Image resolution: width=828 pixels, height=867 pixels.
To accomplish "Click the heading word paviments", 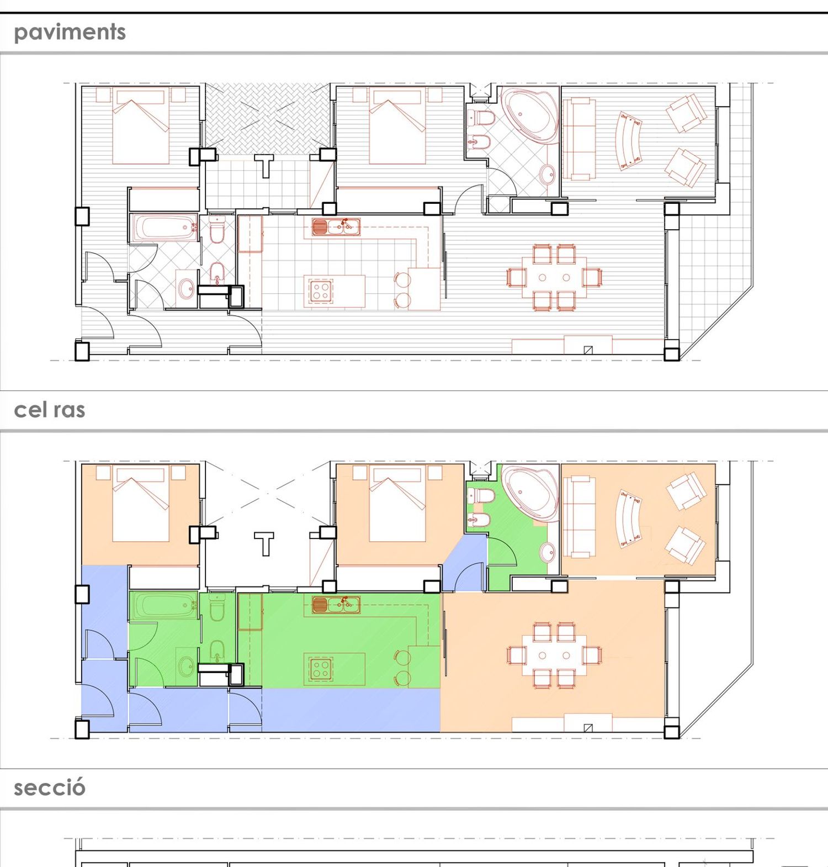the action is coord(70,33).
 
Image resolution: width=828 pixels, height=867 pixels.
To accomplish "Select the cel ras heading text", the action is coord(50,410).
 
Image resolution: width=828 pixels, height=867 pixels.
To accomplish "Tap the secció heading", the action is coord(50,787).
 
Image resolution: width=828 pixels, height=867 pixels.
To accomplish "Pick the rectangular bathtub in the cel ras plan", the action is coord(164,606).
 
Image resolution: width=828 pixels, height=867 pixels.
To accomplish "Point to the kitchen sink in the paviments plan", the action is coord(336,227).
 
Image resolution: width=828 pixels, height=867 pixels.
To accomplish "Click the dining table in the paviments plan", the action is coord(554,277).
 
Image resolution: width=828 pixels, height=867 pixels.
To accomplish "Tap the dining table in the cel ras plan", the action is coord(554,655).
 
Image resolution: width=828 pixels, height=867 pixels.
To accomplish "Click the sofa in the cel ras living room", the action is coord(579,517).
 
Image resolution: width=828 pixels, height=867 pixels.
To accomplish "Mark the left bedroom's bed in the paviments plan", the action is coord(141,125).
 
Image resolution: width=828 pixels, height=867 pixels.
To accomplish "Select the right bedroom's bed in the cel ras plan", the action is coord(397,504).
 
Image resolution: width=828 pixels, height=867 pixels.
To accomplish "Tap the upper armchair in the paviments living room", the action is coord(686,113).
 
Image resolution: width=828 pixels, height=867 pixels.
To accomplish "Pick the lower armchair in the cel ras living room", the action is coord(685,545).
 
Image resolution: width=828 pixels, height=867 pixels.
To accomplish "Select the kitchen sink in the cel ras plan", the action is coord(336,605).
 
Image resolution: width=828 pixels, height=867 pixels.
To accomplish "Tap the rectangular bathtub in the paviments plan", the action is coord(164,228).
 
